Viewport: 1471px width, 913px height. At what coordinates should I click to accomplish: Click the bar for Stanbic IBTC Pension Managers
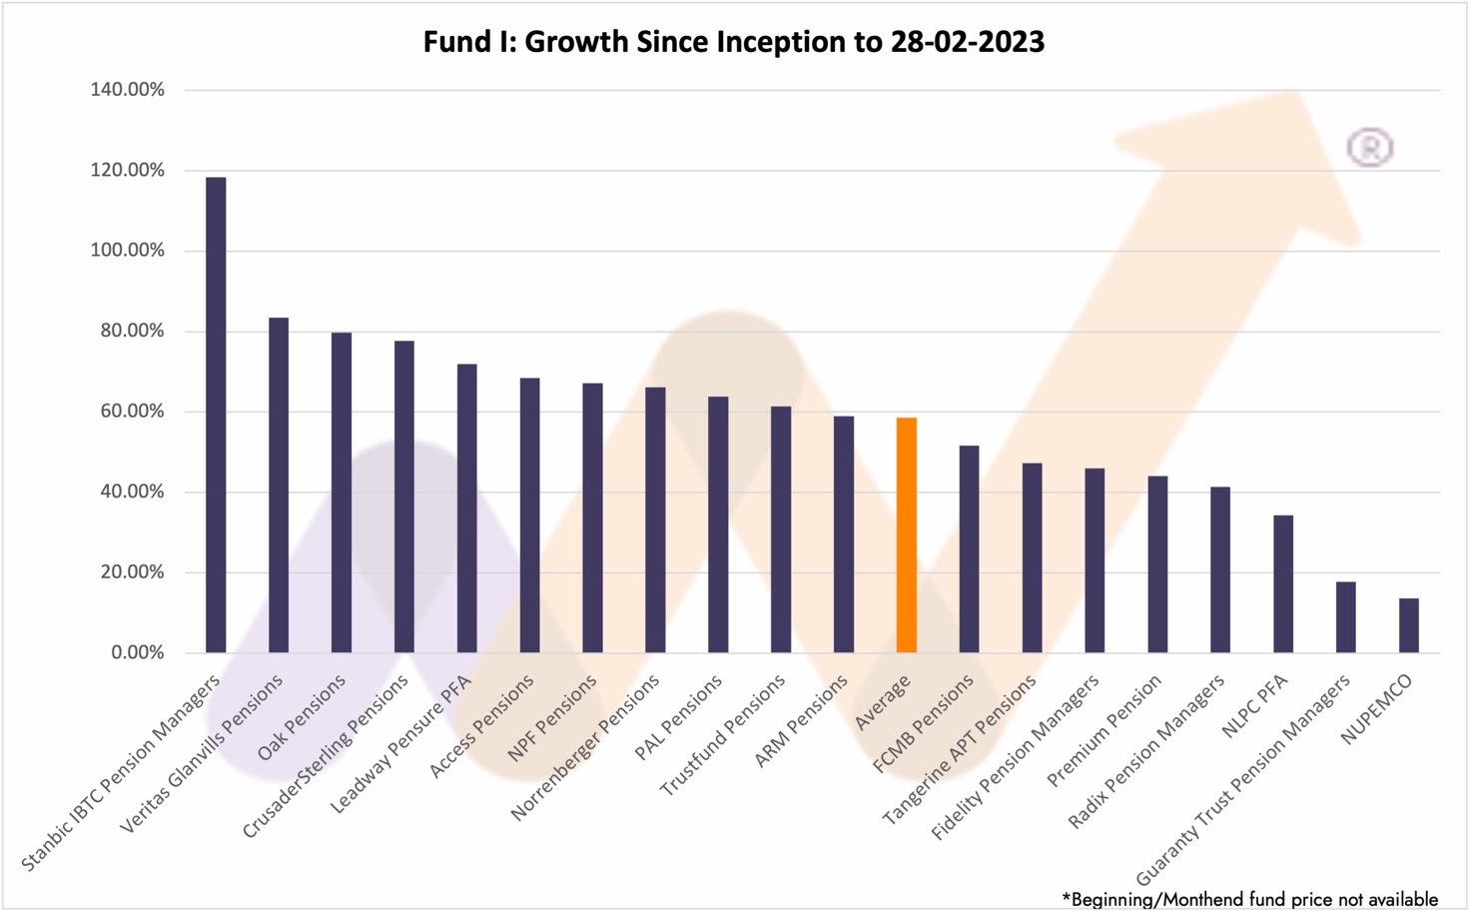(216, 415)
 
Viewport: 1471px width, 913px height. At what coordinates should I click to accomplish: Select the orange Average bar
(906, 535)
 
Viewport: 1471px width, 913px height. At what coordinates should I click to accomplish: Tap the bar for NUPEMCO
(1408, 625)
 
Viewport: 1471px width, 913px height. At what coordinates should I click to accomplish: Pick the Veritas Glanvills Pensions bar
(279, 485)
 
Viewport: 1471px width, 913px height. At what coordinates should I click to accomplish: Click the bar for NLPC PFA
(1283, 583)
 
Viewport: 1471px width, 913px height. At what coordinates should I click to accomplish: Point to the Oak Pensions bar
(342, 492)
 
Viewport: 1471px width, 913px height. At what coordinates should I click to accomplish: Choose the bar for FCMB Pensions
(969, 549)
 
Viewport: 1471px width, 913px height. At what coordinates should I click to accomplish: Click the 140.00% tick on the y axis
(127, 90)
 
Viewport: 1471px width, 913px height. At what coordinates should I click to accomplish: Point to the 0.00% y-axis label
(137, 652)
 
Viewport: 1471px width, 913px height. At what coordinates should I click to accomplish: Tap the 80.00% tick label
(132, 331)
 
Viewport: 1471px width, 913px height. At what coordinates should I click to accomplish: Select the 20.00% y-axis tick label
(132, 572)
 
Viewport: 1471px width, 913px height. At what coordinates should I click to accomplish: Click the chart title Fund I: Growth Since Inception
(734, 42)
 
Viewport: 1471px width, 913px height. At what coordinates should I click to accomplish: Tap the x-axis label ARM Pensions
(801, 720)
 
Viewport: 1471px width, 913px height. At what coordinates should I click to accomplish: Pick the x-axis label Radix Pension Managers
(1146, 752)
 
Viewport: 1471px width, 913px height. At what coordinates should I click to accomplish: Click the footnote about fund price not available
(1249, 899)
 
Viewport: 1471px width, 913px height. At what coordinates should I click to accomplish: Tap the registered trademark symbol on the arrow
(1369, 148)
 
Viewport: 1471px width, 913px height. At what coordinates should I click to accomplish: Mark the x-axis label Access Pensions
(482, 726)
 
